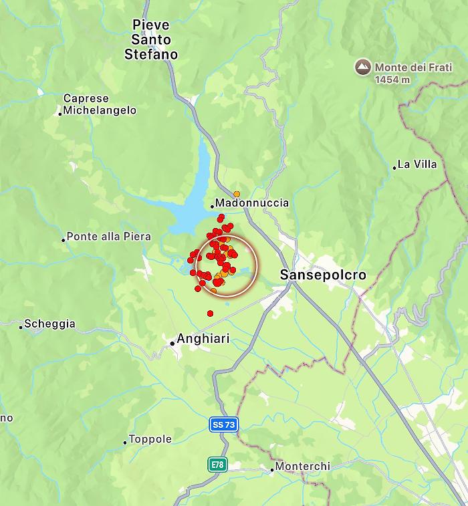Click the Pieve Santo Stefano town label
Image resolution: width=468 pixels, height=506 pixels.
[151, 39]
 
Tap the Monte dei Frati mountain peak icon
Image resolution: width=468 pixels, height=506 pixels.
[362, 67]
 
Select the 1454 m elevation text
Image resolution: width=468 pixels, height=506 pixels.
[392, 80]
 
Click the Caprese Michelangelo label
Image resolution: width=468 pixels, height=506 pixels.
[100, 104]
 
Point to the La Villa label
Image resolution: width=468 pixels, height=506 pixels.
[417, 164]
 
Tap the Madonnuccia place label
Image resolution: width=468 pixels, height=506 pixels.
[252, 203]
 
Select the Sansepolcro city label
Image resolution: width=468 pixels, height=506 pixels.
[323, 275]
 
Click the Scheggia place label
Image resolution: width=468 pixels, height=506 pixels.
[49, 324]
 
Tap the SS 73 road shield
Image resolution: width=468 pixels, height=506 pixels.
[223, 424]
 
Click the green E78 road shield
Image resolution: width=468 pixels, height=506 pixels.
[217, 464]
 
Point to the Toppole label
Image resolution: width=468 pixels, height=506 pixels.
[150, 439]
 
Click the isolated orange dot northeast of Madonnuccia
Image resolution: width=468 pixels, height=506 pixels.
[237, 194]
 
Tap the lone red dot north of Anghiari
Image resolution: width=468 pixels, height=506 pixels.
[210, 313]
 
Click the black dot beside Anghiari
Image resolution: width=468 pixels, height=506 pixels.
[172, 343]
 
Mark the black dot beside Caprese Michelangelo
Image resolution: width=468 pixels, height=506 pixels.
[60, 114]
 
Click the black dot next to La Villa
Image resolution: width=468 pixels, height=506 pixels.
[394, 167]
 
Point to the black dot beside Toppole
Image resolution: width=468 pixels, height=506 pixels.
[125, 442]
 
